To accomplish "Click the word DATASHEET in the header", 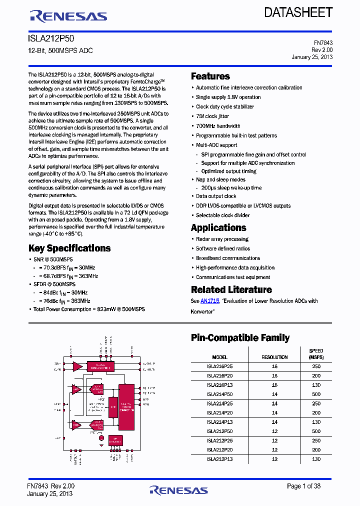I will (x=298, y=12).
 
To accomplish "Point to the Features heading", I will (x=210, y=76).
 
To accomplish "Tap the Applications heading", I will (x=218, y=228).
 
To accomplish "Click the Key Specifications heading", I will (x=69, y=248).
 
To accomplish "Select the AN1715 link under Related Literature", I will (x=209, y=301).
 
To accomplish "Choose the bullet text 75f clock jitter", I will (x=212, y=116).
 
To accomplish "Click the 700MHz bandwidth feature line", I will (x=218, y=126).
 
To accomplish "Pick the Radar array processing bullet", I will (x=222, y=239).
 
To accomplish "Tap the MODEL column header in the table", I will (x=220, y=357).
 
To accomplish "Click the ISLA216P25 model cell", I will (x=220, y=366).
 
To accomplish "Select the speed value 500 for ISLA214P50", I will (x=316, y=394).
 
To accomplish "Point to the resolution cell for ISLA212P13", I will (x=274, y=459).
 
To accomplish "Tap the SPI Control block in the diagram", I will (x=115, y=440).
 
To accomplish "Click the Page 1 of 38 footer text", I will (x=303, y=486).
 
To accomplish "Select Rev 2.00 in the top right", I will (x=321, y=50).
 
